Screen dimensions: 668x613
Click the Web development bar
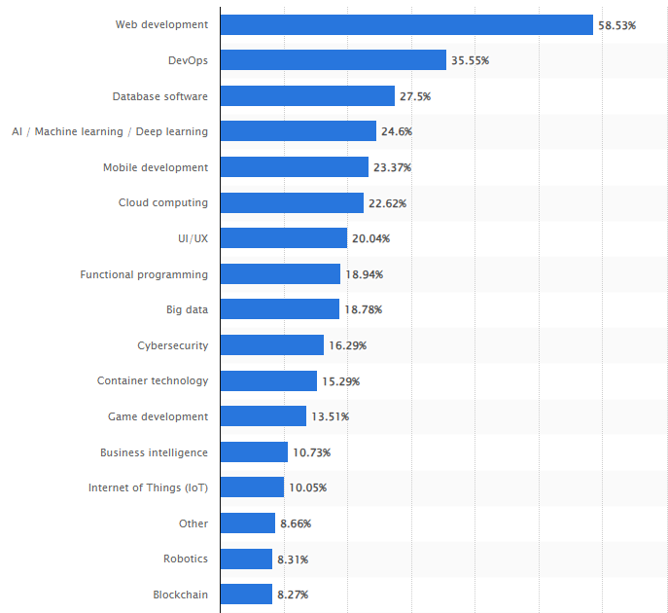(406, 24)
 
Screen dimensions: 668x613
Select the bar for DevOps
(334, 60)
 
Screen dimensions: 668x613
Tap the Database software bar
(307, 96)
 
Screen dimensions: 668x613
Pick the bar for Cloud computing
(293, 202)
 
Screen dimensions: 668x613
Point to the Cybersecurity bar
(272, 344)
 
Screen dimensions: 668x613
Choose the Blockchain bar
(246, 594)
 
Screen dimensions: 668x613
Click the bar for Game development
(264, 416)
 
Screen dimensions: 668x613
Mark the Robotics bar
(246, 559)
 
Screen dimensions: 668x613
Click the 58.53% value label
(616, 25)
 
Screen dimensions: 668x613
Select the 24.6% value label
(397, 131)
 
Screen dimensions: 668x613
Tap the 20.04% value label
(371, 238)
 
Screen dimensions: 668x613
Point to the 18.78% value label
(364, 309)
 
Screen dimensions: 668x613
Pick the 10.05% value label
(308, 487)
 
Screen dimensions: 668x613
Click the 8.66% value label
(296, 523)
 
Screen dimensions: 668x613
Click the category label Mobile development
(156, 167)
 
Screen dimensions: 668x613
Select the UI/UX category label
(193, 238)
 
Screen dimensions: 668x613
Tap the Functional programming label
(144, 274)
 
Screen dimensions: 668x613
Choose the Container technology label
(153, 380)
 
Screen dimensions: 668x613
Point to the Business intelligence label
(155, 452)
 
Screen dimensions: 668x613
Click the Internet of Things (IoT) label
(148, 487)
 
